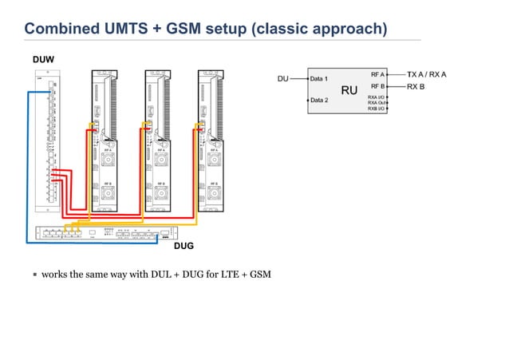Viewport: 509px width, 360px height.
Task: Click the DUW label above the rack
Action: pos(42,60)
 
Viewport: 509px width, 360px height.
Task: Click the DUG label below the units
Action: pos(183,246)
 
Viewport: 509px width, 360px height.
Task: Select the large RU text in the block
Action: pos(349,90)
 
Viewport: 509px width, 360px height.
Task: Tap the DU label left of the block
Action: pos(282,79)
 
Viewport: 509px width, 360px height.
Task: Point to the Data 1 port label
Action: pos(321,79)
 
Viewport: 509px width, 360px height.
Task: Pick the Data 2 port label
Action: pos(321,101)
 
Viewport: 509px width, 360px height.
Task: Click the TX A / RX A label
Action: pos(427,73)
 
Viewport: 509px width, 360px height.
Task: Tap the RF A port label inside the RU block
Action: pos(377,73)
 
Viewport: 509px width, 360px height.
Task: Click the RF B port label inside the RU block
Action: pos(377,85)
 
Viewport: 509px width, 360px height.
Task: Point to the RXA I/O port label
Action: pos(376,97)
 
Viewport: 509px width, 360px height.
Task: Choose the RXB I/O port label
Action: pos(376,108)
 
